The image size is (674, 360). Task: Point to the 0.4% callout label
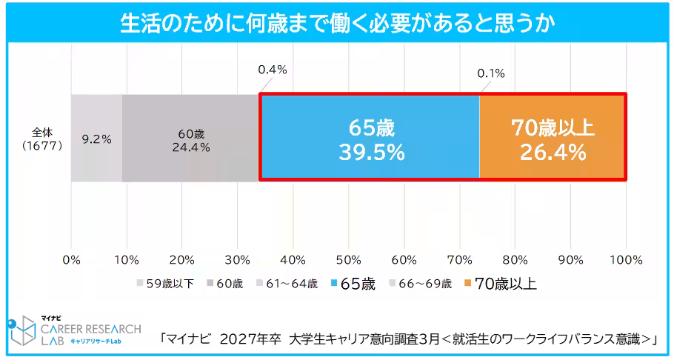point(272,70)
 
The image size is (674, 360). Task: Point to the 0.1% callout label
point(490,73)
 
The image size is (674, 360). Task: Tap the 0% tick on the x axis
point(71,260)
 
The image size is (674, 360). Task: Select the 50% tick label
point(348,260)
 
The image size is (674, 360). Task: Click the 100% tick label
point(627,260)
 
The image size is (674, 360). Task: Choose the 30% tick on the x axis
point(237,260)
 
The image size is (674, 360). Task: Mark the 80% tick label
point(515,260)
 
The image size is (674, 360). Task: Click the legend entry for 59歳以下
point(164,284)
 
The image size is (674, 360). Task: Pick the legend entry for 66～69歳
point(419,284)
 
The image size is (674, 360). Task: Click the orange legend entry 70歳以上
point(499,284)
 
